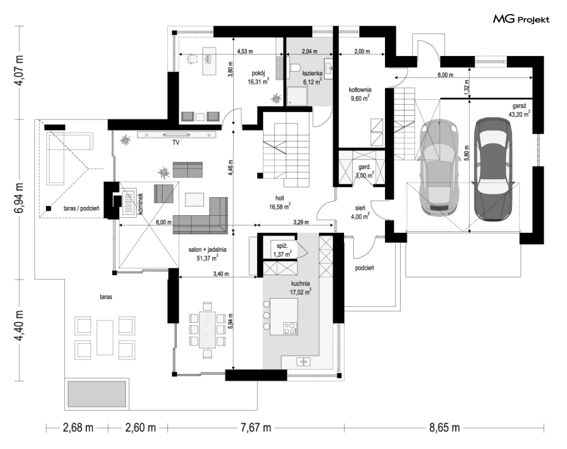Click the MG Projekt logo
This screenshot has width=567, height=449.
tap(521, 19)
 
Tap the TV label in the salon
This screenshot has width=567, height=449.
tap(175, 142)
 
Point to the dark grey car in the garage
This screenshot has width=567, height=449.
tap(493, 168)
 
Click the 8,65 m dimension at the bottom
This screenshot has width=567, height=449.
tap(444, 428)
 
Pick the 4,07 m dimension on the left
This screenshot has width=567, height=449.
tap(19, 70)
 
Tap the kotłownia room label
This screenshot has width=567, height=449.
tap(360, 89)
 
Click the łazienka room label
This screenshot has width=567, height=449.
tap(313, 73)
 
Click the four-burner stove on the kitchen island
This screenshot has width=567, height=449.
tap(290, 328)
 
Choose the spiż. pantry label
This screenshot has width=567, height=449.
tap(282, 246)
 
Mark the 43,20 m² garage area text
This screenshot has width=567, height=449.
tap(519, 114)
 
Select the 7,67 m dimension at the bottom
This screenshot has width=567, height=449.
tap(255, 428)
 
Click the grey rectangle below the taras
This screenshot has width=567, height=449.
tap(97, 393)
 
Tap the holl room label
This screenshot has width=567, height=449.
tap(280, 198)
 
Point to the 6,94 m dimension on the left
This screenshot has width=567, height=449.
tap(19, 198)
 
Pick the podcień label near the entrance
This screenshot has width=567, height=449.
tap(364, 268)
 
